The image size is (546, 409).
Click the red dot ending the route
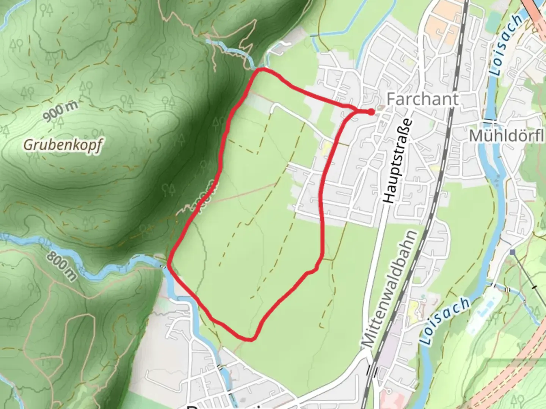(371, 112)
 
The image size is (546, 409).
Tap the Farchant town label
(422, 99)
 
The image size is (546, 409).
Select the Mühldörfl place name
(507, 136)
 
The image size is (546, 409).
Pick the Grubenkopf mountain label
(63, 144)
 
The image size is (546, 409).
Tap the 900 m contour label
(60, 112)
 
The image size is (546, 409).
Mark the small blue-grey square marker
(513, 252)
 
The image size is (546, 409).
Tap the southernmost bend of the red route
(250, 339)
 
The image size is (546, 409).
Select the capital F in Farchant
(391, 99)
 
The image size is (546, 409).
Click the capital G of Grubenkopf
(28, 144)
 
